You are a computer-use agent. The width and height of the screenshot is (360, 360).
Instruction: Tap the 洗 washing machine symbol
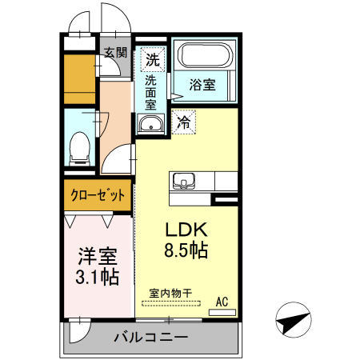tap(152, 58)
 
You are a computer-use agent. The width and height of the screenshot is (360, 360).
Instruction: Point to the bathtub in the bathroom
tap(204, 56)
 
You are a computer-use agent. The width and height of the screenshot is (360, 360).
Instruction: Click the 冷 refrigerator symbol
tap(184, 122)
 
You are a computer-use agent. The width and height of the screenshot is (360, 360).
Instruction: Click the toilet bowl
tap(79, 147)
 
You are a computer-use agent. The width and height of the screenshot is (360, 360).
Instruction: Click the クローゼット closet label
tap(96, 194)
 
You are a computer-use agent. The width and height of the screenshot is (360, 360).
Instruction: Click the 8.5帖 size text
tap(187, 250)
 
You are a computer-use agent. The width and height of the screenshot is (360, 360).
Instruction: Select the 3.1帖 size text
tap(98, 278)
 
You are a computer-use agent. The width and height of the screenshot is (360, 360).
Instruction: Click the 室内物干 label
tap(170, 294)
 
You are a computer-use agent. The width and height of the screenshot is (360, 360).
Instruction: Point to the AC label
tap(223, 302)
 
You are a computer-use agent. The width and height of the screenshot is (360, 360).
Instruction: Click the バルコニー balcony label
tap(150, 336)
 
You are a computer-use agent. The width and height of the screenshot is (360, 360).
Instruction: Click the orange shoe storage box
tap(80, 77)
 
